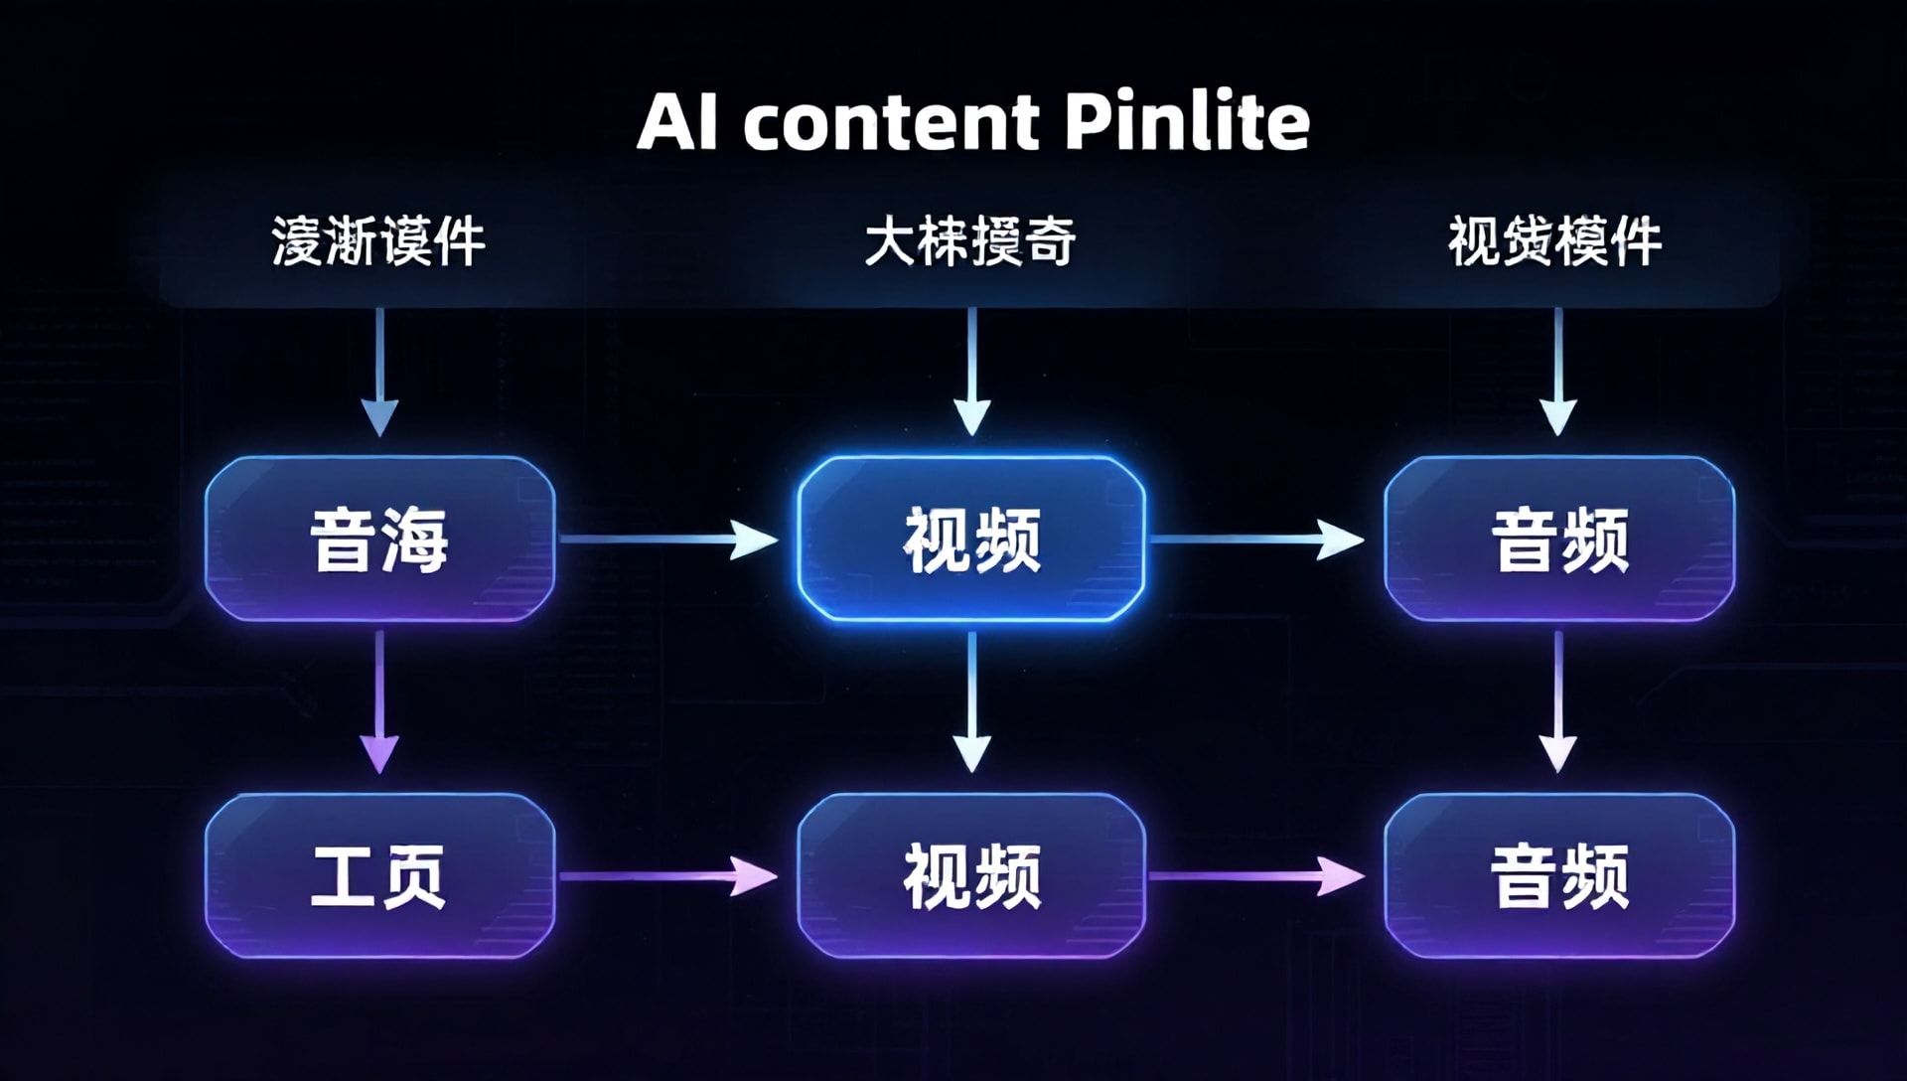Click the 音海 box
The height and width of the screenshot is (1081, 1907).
[x=379, y=540]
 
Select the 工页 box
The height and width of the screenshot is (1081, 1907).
[x=379, y=875]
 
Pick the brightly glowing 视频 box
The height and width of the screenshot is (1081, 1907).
[x=971, y=540]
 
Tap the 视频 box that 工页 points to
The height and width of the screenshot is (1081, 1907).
[x=971, y=875]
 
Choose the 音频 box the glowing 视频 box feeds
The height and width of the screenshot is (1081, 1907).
[x=1559, y=540]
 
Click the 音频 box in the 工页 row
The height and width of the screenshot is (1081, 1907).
[x=1559, y=875]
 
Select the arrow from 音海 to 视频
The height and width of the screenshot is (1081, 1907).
[x=668, y=540]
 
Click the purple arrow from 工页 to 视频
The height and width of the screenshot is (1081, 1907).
[x=668, y=875]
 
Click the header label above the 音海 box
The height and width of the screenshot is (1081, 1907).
[x=378, y=241]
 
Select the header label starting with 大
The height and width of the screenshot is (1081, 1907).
[x=969, y=241]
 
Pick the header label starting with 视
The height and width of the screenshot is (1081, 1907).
[x=1554, y=241]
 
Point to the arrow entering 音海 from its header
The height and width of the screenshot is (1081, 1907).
[x=379, y=372]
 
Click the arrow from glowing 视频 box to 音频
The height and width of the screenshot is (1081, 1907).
[x=1255, y=540]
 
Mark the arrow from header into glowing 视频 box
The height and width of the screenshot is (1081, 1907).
[x=971, y=372]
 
